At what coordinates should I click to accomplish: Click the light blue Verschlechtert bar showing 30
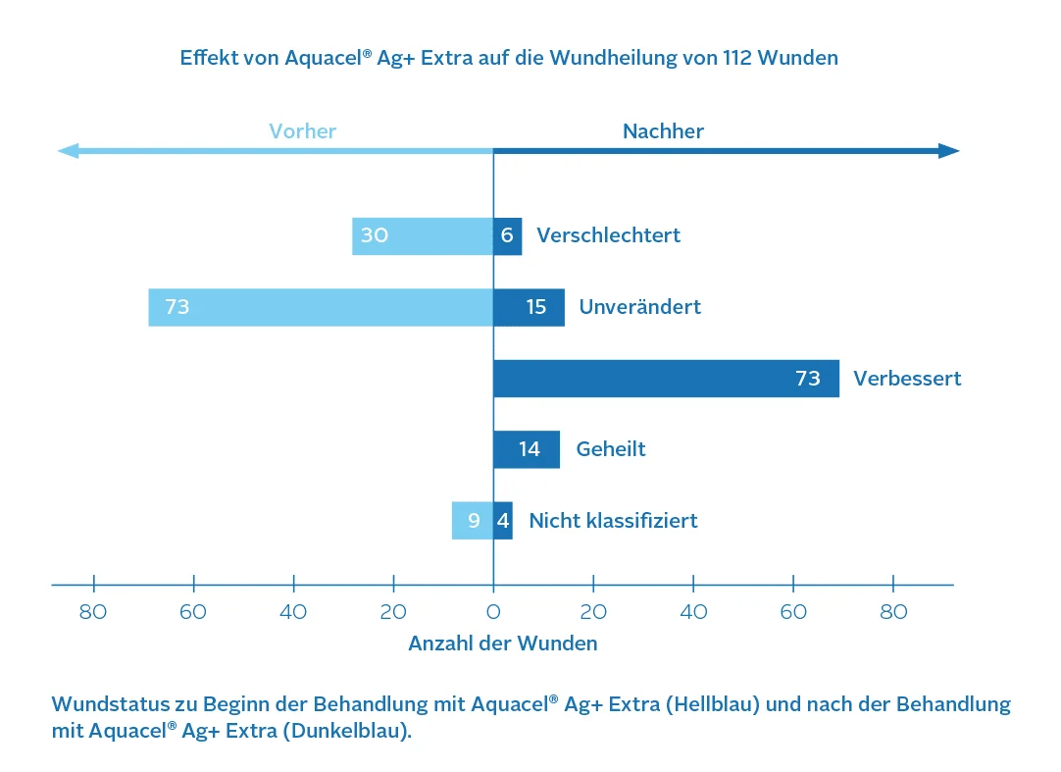click(423, 236)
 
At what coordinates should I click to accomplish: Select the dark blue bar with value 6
click(507, 236)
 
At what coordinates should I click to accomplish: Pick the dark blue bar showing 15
click(529, 307)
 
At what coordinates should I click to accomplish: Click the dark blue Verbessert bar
click(666, 379)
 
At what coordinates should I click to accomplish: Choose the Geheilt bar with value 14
click(527, 449)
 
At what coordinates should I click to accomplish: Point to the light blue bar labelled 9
click(472, 520)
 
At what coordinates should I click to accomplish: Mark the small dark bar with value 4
click(502, 520)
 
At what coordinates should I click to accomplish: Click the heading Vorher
click(303, 131)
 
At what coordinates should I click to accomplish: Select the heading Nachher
click(663, 131)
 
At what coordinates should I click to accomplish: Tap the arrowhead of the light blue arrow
click(68, 151)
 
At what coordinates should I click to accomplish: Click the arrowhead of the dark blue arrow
click(948, 151)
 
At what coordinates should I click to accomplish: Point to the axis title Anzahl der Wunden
click(502, 643)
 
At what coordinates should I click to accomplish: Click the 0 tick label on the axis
click(493, 613)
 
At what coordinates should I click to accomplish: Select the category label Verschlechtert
click(608, 236)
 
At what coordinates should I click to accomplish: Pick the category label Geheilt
click(611, 449)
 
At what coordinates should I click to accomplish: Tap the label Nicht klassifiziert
click(613, 520)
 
